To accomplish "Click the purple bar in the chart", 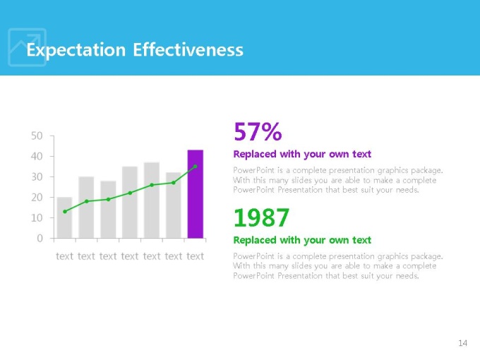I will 195,194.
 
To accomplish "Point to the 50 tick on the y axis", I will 37,136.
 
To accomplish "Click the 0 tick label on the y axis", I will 40,239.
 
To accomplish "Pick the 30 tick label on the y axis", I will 37,176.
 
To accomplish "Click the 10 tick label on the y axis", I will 37,218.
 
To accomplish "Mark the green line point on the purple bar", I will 196,167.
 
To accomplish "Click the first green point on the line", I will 65,211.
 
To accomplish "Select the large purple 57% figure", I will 258,131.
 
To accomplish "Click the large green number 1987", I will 261,217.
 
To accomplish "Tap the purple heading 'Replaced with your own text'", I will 301,154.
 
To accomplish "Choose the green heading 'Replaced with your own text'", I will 301,240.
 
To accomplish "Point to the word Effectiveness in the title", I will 188,50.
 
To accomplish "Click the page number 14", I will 462,343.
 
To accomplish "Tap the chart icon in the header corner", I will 27,47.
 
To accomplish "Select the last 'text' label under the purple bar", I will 195,256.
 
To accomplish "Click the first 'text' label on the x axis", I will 64,256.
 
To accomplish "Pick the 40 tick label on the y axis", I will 37,156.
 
